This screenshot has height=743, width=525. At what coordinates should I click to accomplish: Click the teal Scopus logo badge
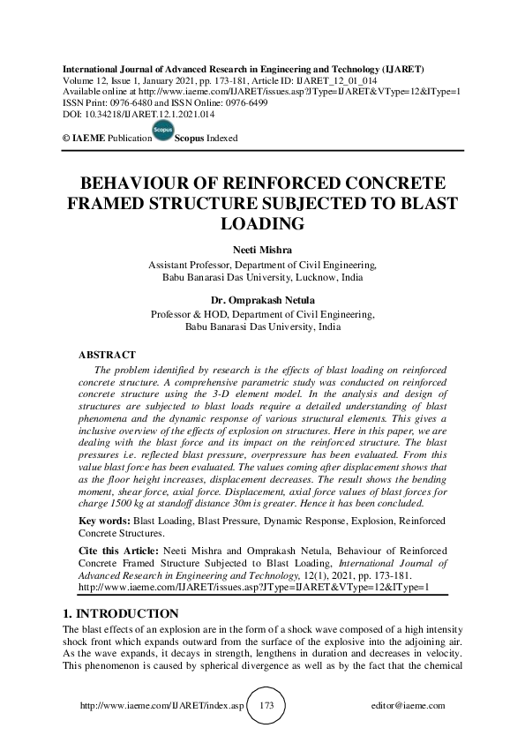(162, 132)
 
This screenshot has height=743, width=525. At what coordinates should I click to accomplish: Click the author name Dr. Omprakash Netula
(263, 300)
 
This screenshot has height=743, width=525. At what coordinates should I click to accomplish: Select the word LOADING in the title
(263, 224)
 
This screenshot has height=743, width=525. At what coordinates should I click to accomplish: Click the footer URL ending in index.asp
(161, 706)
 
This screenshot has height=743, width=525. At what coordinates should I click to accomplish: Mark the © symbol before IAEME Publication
(64, 139)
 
